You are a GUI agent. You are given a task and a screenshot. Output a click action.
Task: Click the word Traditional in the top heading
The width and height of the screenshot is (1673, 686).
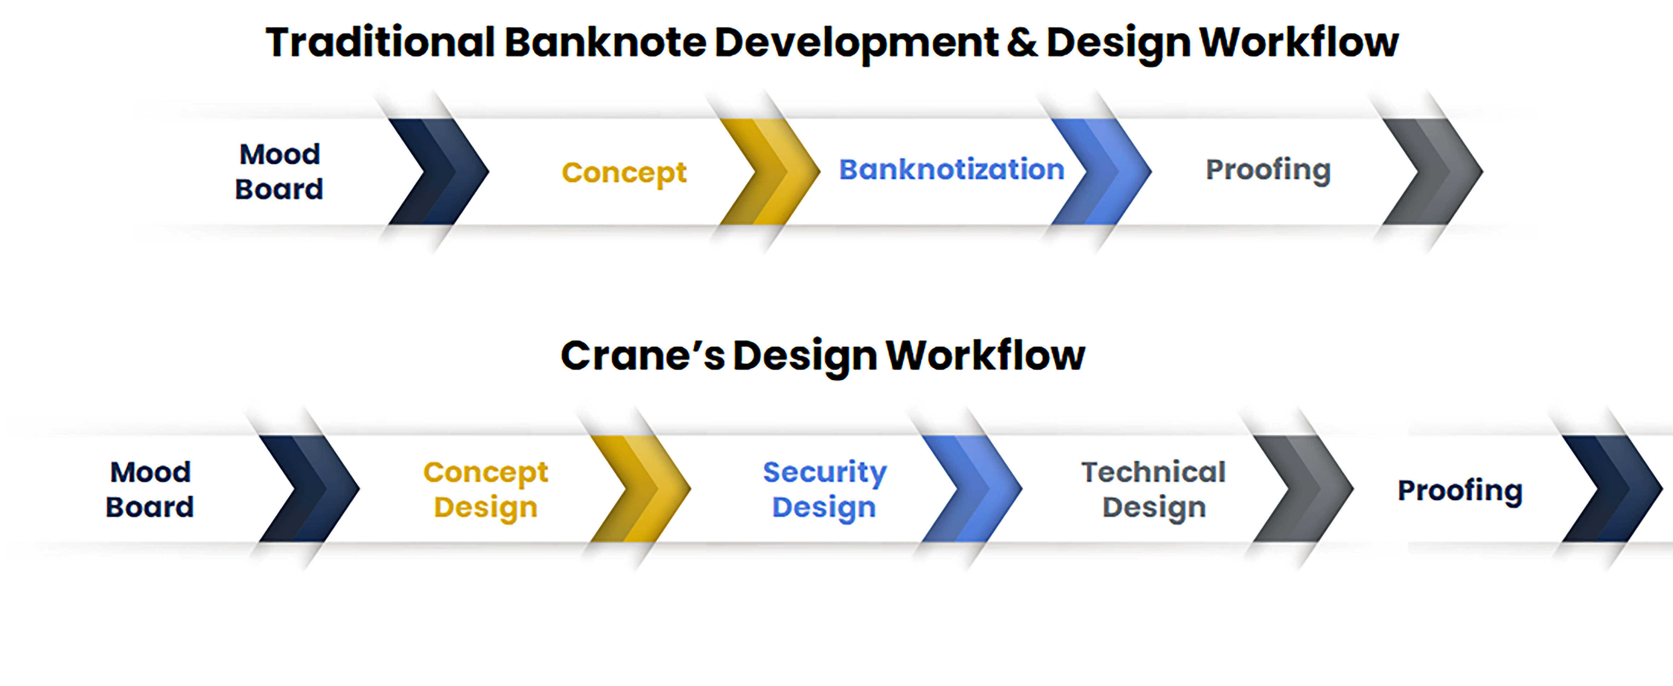tap(380, 43)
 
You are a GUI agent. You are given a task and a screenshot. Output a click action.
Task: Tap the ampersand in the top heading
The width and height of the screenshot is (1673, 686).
tap(1022, 43)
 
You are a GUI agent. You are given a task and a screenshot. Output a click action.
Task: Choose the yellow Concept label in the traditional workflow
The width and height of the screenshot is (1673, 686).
tap(623, 173)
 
